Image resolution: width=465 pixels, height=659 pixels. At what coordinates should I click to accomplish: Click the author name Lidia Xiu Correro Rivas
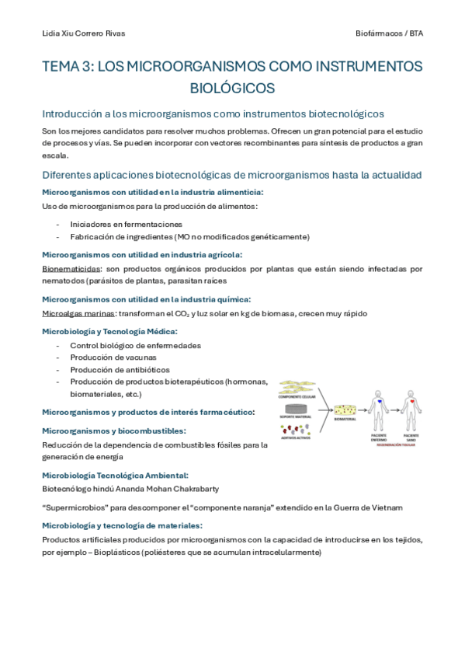click(82, 33)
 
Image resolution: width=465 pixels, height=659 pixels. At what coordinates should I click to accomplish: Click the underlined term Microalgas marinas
click(78, 313)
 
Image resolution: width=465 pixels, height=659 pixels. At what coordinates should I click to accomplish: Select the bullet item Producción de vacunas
click(113, 357)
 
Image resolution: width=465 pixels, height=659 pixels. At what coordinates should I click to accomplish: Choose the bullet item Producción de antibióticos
click(120, 369)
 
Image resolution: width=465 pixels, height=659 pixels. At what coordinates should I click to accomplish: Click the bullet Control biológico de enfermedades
click(135, 344)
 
